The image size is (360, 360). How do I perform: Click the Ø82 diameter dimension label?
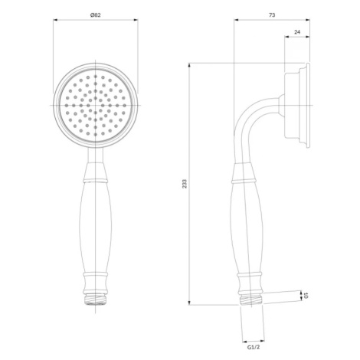pyautogui.click(x=96, y=15)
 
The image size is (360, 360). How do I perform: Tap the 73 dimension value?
pyautogui.click(x=272, y=15)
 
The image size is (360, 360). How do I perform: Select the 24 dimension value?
pyautogui.click(x=297, y=32)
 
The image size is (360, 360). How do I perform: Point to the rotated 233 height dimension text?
pyautogui.click(x=185, y=184)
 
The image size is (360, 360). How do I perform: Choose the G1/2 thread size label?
pyautogui.click(x=254, y=347)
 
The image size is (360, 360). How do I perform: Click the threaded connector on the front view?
pyautogui.click(x=96, y=299)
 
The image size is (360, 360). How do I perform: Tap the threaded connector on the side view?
pyautogui.click(x=251, y=299)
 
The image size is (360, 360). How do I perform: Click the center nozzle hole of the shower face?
pyautogui.click(x=96, y=105)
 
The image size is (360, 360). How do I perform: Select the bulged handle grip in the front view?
pyautogui.click(x=96, y=228)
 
